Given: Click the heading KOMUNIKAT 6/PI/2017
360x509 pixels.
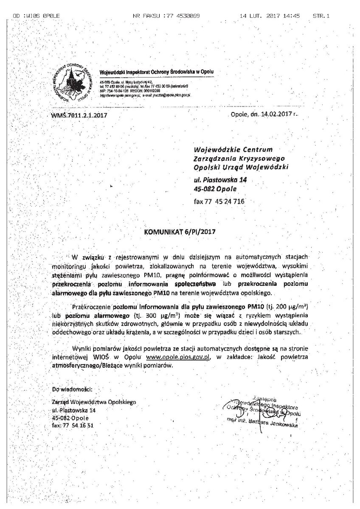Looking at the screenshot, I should click(x=180, y=232).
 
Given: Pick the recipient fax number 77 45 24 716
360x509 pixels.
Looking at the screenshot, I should click(x=219, y=201).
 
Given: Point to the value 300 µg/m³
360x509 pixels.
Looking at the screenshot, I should click(x=161, y=315).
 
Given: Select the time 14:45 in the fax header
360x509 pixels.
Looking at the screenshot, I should click(x=292, y=16).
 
